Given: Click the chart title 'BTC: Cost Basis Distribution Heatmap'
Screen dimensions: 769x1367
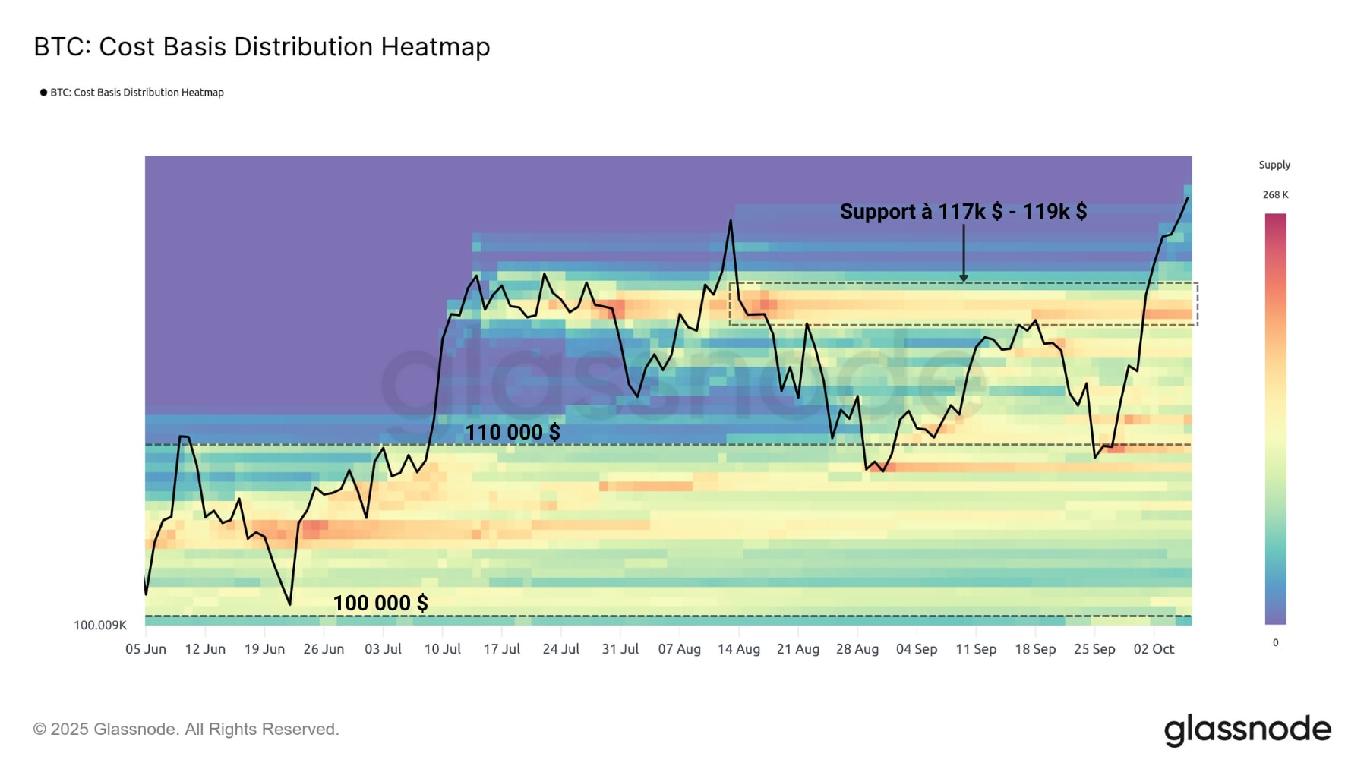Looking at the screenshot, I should [x=262, y=47].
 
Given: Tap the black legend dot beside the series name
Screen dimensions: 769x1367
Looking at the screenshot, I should [x=43, y=93].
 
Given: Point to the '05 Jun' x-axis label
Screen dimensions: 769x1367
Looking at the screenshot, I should [x=146, y=649].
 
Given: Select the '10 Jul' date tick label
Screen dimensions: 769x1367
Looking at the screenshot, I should [x=442, y=649].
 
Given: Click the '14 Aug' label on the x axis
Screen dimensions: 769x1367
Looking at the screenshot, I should [x=739, y=649].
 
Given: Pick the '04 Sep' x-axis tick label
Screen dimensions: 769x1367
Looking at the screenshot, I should [x=917, y=649].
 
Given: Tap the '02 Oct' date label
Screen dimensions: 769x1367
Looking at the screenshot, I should [x=1154, y=649].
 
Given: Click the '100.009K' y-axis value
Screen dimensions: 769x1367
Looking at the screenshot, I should [x=100, y=626].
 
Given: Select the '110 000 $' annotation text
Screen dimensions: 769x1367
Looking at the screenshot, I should [x=513, y=433].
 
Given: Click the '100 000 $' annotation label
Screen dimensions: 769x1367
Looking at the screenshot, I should [x=380, y=604].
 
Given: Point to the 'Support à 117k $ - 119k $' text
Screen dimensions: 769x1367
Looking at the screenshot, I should [x=963, y=212].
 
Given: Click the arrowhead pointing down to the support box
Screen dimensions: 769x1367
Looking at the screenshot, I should [x=964, y=278].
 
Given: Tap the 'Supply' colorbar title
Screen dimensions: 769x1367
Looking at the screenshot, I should [x=1274, y=165].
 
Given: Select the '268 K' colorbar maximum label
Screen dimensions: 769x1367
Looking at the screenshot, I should [x=1275, y=195].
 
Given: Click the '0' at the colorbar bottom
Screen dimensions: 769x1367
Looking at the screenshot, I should [x=1275, y=643].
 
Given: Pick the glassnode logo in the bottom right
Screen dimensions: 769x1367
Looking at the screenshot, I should [x=1247, y=730].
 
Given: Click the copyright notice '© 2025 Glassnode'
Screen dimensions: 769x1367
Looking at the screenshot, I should [x=186, y=730].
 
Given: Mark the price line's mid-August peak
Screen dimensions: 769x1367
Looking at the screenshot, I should [x=731, y=221].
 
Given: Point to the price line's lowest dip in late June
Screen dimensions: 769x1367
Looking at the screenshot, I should [x=290, y=604].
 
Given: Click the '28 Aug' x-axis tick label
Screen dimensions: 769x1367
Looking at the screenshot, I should [x=857, y=649].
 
